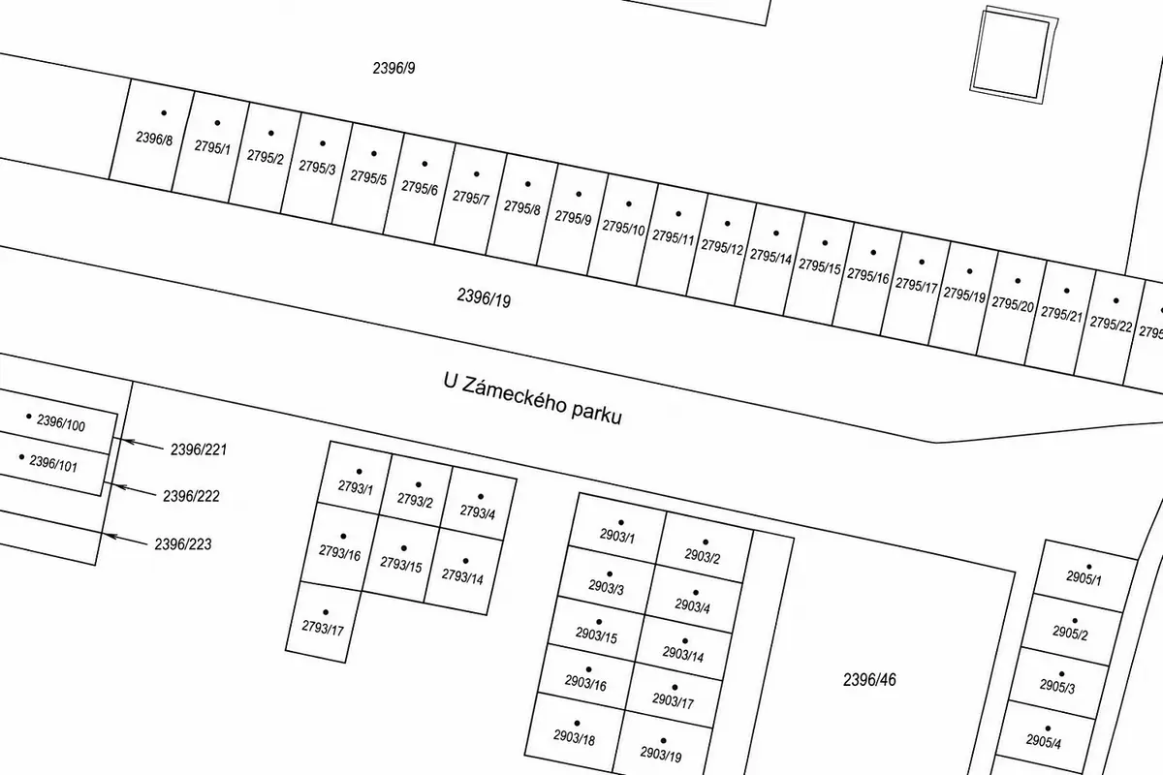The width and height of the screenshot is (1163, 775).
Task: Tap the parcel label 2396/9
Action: coord(394,68)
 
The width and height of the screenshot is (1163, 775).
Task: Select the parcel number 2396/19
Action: coord(484,297)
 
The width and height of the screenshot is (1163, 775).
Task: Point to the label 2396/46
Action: coord(869,679)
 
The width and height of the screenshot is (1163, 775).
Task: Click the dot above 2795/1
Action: coord(217,123)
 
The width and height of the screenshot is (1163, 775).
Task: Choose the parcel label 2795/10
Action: coord(623,227)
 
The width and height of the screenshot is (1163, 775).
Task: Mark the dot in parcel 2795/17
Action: coord(922,263)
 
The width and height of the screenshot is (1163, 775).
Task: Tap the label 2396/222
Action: coord(191,496)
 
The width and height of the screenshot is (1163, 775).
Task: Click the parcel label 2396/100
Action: coord(61,423)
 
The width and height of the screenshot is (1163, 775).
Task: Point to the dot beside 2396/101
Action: coord(21,457)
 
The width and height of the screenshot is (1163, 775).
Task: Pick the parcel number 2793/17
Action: coord(323,628)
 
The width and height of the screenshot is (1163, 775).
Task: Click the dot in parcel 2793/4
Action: coord(481,497)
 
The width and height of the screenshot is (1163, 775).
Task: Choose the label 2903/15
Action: coord(596,635)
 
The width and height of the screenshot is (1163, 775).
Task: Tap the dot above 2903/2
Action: coord(706,542)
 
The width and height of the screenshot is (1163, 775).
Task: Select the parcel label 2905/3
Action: coord(1057,687)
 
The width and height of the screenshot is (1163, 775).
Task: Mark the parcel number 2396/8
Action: coord(154,139)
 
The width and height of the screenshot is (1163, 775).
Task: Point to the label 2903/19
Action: coord(661,754)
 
